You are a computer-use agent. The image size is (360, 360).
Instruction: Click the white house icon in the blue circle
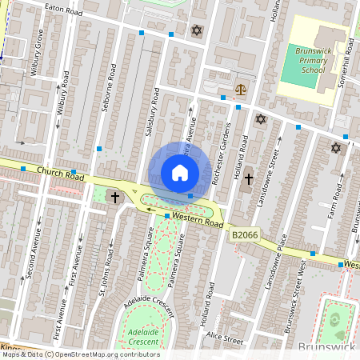click(x=180, y=173)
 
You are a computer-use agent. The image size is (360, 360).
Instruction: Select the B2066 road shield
click(x=244, y=235)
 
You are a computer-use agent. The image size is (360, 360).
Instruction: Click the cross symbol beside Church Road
click(x=115, y=197)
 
